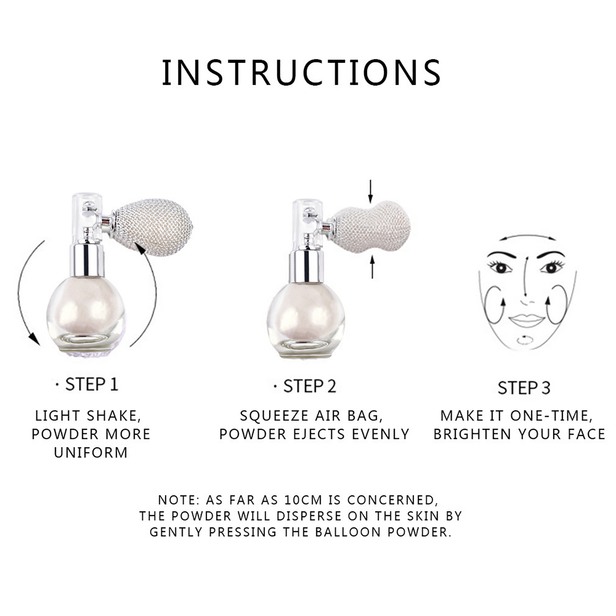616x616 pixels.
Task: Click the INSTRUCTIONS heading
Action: (301, 72)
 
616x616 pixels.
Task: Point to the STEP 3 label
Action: (524, 388)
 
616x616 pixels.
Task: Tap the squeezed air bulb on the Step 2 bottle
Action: (370, 227)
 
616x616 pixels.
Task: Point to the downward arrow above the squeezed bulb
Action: (370, 191)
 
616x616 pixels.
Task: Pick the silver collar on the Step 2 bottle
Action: (304, 266)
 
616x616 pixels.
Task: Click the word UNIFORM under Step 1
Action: (91, 453)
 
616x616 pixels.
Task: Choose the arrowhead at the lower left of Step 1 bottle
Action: (34, 339)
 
